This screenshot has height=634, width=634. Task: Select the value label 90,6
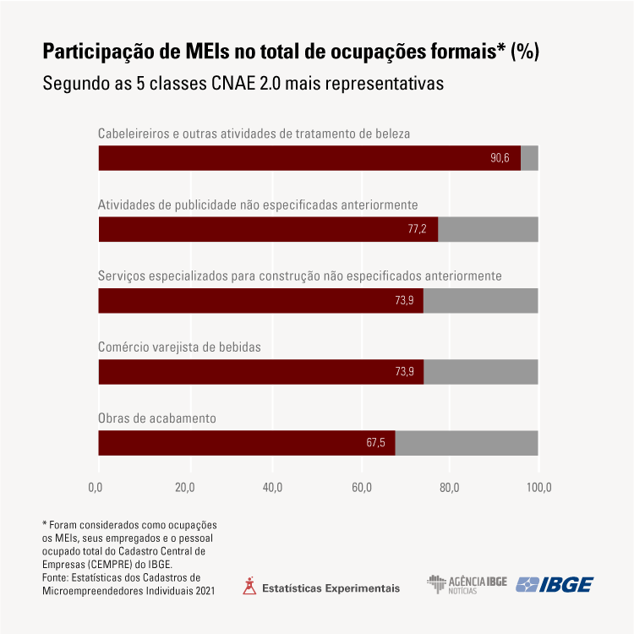click(x=500, y=158)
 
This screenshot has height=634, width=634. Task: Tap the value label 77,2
click(x=418, y=229)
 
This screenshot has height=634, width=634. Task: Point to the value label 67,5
click(x=375, y=443)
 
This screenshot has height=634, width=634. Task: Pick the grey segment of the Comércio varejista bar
click(x=480, y=372)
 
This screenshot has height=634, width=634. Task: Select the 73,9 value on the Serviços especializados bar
click(x=403, y=301)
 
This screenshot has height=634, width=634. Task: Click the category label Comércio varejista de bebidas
click(x=179, y=347)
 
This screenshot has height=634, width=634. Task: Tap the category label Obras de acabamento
click(x=157, y=418)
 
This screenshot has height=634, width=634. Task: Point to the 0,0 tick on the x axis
click(x=96, y=487)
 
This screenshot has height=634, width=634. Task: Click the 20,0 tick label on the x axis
click(x=185, y=487)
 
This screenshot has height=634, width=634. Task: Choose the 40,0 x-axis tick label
click(x=273, y=487)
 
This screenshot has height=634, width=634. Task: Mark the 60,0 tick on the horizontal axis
click(x=362, y=487)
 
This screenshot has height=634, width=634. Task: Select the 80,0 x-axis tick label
click(x=450, y=487)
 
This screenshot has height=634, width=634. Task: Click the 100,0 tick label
click(x=538, y=487)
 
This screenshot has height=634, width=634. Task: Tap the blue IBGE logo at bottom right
click(x=555, y=584)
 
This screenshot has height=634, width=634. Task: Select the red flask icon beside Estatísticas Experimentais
click(x=249, y=586)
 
